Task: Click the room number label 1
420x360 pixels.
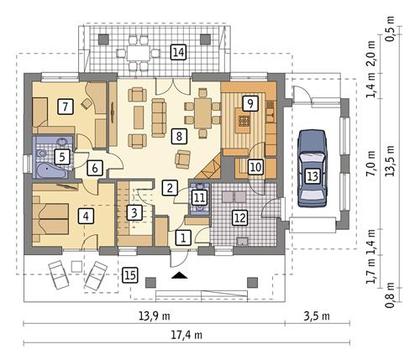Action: point(182,237)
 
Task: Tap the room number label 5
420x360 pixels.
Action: point(61,156)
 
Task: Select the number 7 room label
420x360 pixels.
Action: point(64,106)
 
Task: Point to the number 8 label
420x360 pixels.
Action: point(177,134)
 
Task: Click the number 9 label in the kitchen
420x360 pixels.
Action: point(248,102)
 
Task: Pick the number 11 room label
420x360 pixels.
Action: point(198,198)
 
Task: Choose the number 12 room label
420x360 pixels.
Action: point(239,218)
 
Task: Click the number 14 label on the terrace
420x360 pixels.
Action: point(177,52)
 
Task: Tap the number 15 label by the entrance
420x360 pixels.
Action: point(129,274)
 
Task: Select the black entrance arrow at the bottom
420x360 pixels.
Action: point(179,274)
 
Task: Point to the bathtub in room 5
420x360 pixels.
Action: point(50,170)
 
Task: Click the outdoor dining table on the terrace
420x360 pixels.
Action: point(138,52)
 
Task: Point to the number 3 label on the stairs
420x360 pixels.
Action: point(133,212)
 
